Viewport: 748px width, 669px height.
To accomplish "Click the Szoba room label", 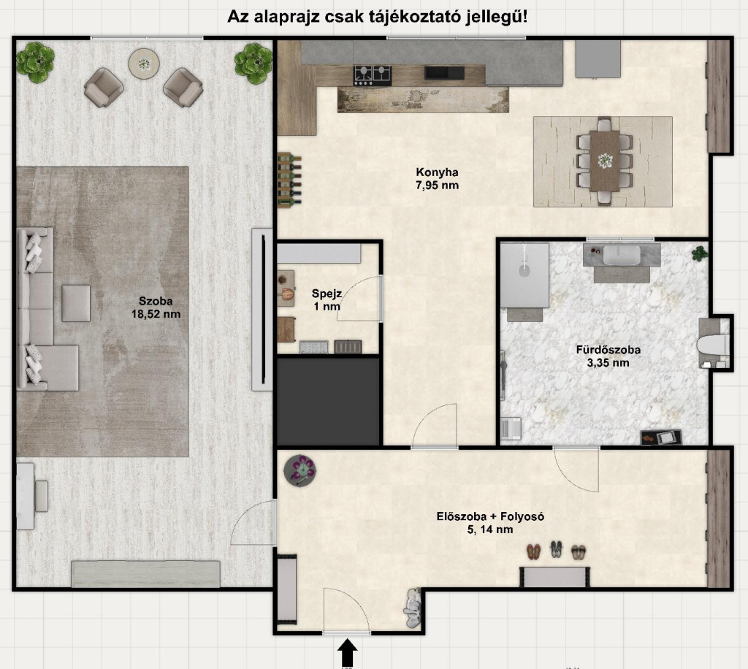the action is point(156,301).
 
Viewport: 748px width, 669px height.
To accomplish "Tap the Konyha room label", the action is point(437,172).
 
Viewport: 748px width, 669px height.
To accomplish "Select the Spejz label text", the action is point(327,294).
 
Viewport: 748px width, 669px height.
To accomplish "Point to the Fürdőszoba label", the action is point(608,350).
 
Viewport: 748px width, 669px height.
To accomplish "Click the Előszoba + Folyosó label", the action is point(490,516).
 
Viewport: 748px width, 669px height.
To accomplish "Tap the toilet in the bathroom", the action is point(713,344).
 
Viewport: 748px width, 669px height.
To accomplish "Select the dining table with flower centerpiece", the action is point(604,161).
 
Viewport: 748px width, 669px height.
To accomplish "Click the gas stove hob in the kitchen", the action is point(372,75).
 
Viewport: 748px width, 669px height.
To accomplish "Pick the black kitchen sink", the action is point(445,72).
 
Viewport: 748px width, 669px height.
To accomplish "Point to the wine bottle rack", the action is point(289,180).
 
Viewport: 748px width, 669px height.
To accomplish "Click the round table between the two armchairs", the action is point(144,64).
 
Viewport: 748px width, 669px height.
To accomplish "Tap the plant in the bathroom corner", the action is point(700,253).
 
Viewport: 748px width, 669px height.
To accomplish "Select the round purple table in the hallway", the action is point(300,470).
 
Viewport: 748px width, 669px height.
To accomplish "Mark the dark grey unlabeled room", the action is point(329,400).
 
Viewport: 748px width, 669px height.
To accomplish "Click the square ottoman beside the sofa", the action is point(76,303).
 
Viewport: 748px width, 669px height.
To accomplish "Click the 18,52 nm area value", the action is point(156,314).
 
